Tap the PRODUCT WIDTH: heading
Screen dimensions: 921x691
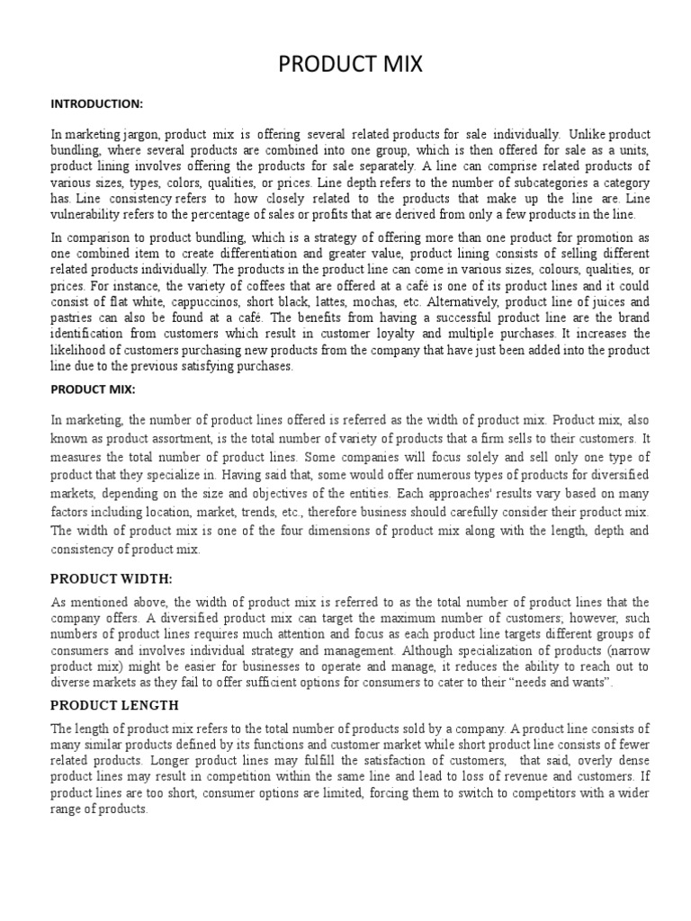(111, 577)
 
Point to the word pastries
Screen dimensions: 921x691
(74, 317)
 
